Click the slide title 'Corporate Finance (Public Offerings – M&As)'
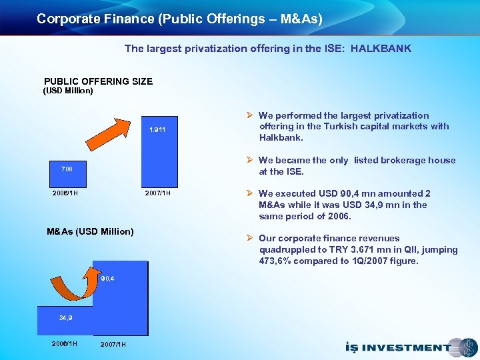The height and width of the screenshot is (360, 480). [x=179, y=19]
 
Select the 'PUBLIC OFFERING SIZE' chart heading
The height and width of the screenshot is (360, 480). [x=98, y=81]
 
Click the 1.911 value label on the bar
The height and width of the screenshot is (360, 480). [x=157, y=129]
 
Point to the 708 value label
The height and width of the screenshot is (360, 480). [x=65, y=169]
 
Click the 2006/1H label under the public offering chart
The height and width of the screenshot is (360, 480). [x=65, y=193]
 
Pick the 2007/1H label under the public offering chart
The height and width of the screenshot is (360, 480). [x=158, y=193]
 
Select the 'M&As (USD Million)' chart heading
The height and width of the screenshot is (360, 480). [x=90, y=231]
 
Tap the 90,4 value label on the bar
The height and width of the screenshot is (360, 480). [x=107, y=278]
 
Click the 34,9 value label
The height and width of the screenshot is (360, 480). [x=65, y=318]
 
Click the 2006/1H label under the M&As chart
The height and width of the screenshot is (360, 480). [x=65, y=343]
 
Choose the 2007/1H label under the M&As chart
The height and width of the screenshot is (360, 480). [x=113, y=344]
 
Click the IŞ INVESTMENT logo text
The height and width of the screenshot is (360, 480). [x=397, y=347]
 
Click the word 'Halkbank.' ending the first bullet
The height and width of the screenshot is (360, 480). [x=281, y=137]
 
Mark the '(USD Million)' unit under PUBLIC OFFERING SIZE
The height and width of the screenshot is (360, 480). [x=68, y=91]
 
